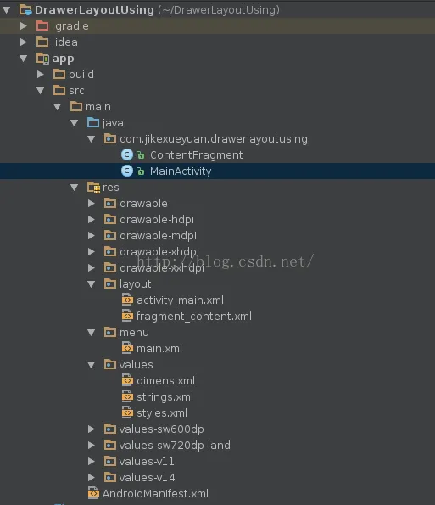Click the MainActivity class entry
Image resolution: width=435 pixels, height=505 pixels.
click(181, 171)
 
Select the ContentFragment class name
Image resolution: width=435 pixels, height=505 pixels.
click(196, 155)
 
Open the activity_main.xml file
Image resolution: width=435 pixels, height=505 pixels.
click(180, 300)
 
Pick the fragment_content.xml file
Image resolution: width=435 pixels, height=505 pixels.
click(193, 317)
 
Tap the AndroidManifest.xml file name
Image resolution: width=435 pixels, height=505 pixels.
click(155, 493)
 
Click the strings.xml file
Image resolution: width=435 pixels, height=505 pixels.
click(165, 397)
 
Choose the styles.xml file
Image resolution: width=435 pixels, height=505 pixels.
click(162, 412)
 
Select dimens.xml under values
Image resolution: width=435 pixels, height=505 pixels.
click(165, 381)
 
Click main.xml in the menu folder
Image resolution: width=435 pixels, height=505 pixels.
click(159, 349)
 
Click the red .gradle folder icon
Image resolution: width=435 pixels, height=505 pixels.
click(42, 25)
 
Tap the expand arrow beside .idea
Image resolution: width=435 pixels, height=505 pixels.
click(24, 42)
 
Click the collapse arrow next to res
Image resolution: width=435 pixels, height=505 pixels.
click(75, 187)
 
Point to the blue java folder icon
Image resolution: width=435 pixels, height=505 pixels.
click(93, 123)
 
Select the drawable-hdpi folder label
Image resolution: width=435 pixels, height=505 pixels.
click(157, 219)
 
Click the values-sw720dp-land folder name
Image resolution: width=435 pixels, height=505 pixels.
click(175, 445)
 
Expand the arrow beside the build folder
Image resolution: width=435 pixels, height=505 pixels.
click(41, 75)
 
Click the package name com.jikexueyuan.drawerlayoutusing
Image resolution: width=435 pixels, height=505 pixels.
click(214, 139)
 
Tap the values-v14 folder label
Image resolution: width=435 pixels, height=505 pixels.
click(147, 477)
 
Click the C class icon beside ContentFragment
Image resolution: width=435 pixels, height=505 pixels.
click(127, 155)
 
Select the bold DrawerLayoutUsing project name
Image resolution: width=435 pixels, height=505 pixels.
click(94, 9)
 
